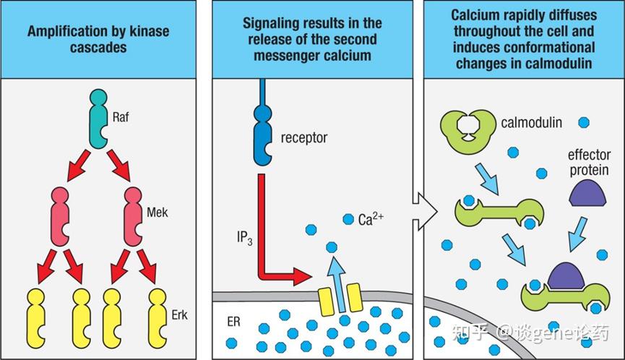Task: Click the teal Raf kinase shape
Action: pos(98,119)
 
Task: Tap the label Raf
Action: pos(121,117)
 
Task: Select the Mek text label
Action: pos(157,212)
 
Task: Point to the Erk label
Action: pos(179,315)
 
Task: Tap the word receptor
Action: pos(304,138)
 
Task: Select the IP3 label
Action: pos(244,238)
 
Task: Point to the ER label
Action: pos(233,322)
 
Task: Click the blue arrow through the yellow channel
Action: pos(337,283)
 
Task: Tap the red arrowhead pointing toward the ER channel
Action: pos(302,276)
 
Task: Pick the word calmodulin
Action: pos(531,122)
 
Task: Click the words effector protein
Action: pos(589,162)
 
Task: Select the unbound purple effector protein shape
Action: pos(587,193)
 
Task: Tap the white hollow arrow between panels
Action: pos(425,211)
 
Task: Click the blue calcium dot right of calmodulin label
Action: pos(584,122)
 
